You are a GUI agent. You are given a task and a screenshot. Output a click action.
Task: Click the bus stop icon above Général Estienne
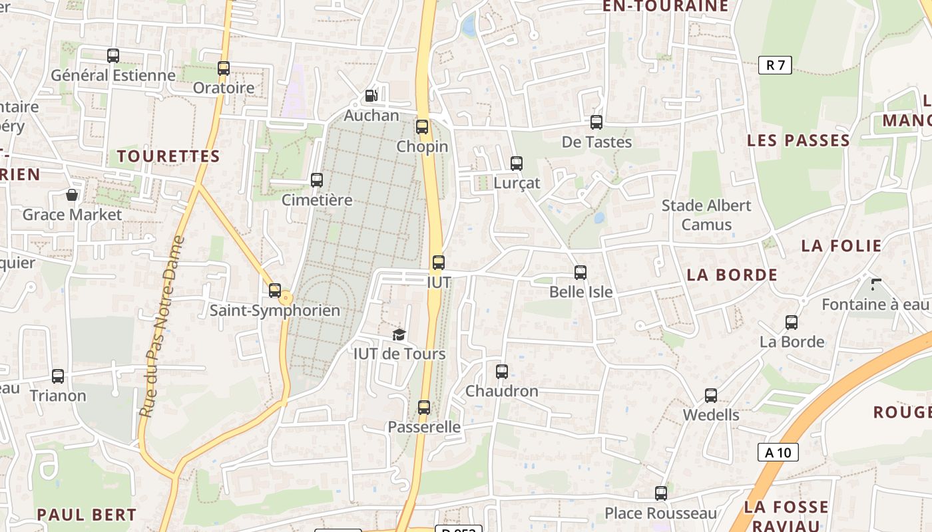tap(113, 56)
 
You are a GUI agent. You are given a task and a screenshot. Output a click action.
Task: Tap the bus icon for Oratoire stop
tap(224, 68)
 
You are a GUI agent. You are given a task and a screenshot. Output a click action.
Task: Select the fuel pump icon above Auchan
tap(371, 96)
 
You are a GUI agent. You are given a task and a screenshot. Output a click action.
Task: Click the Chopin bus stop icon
tap(422, 127)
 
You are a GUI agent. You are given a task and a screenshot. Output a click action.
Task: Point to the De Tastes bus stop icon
tap(596, 122)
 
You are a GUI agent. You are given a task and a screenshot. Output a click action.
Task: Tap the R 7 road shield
tap(775, 65)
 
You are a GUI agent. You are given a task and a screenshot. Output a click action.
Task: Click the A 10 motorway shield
tap(778, 453)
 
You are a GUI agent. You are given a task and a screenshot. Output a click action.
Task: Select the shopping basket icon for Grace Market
tap(72, 195)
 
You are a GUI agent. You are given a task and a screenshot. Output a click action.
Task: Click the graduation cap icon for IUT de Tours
tap(399, 334)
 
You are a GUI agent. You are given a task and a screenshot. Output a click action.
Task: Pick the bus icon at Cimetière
tap(317, 180)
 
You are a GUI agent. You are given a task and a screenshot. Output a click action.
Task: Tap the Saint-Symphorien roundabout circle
tap(286, 297)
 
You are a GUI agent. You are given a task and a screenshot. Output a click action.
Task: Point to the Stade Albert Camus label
tap(706, 215)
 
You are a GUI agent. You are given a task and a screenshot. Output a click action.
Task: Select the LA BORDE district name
tap(732, 275)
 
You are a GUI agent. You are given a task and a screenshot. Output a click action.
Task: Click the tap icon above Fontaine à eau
tap(876, 285)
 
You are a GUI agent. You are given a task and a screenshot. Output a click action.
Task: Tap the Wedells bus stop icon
tap(711, 396)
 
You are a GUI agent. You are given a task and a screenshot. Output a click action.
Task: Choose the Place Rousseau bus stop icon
tap(661, 493)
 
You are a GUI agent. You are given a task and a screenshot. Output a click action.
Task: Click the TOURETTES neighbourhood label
tap(168, 156)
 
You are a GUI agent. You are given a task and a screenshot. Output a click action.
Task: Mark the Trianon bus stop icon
tap(58, 376)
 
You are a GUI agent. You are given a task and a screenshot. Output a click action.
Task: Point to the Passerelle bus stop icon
tap(424, 408)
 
